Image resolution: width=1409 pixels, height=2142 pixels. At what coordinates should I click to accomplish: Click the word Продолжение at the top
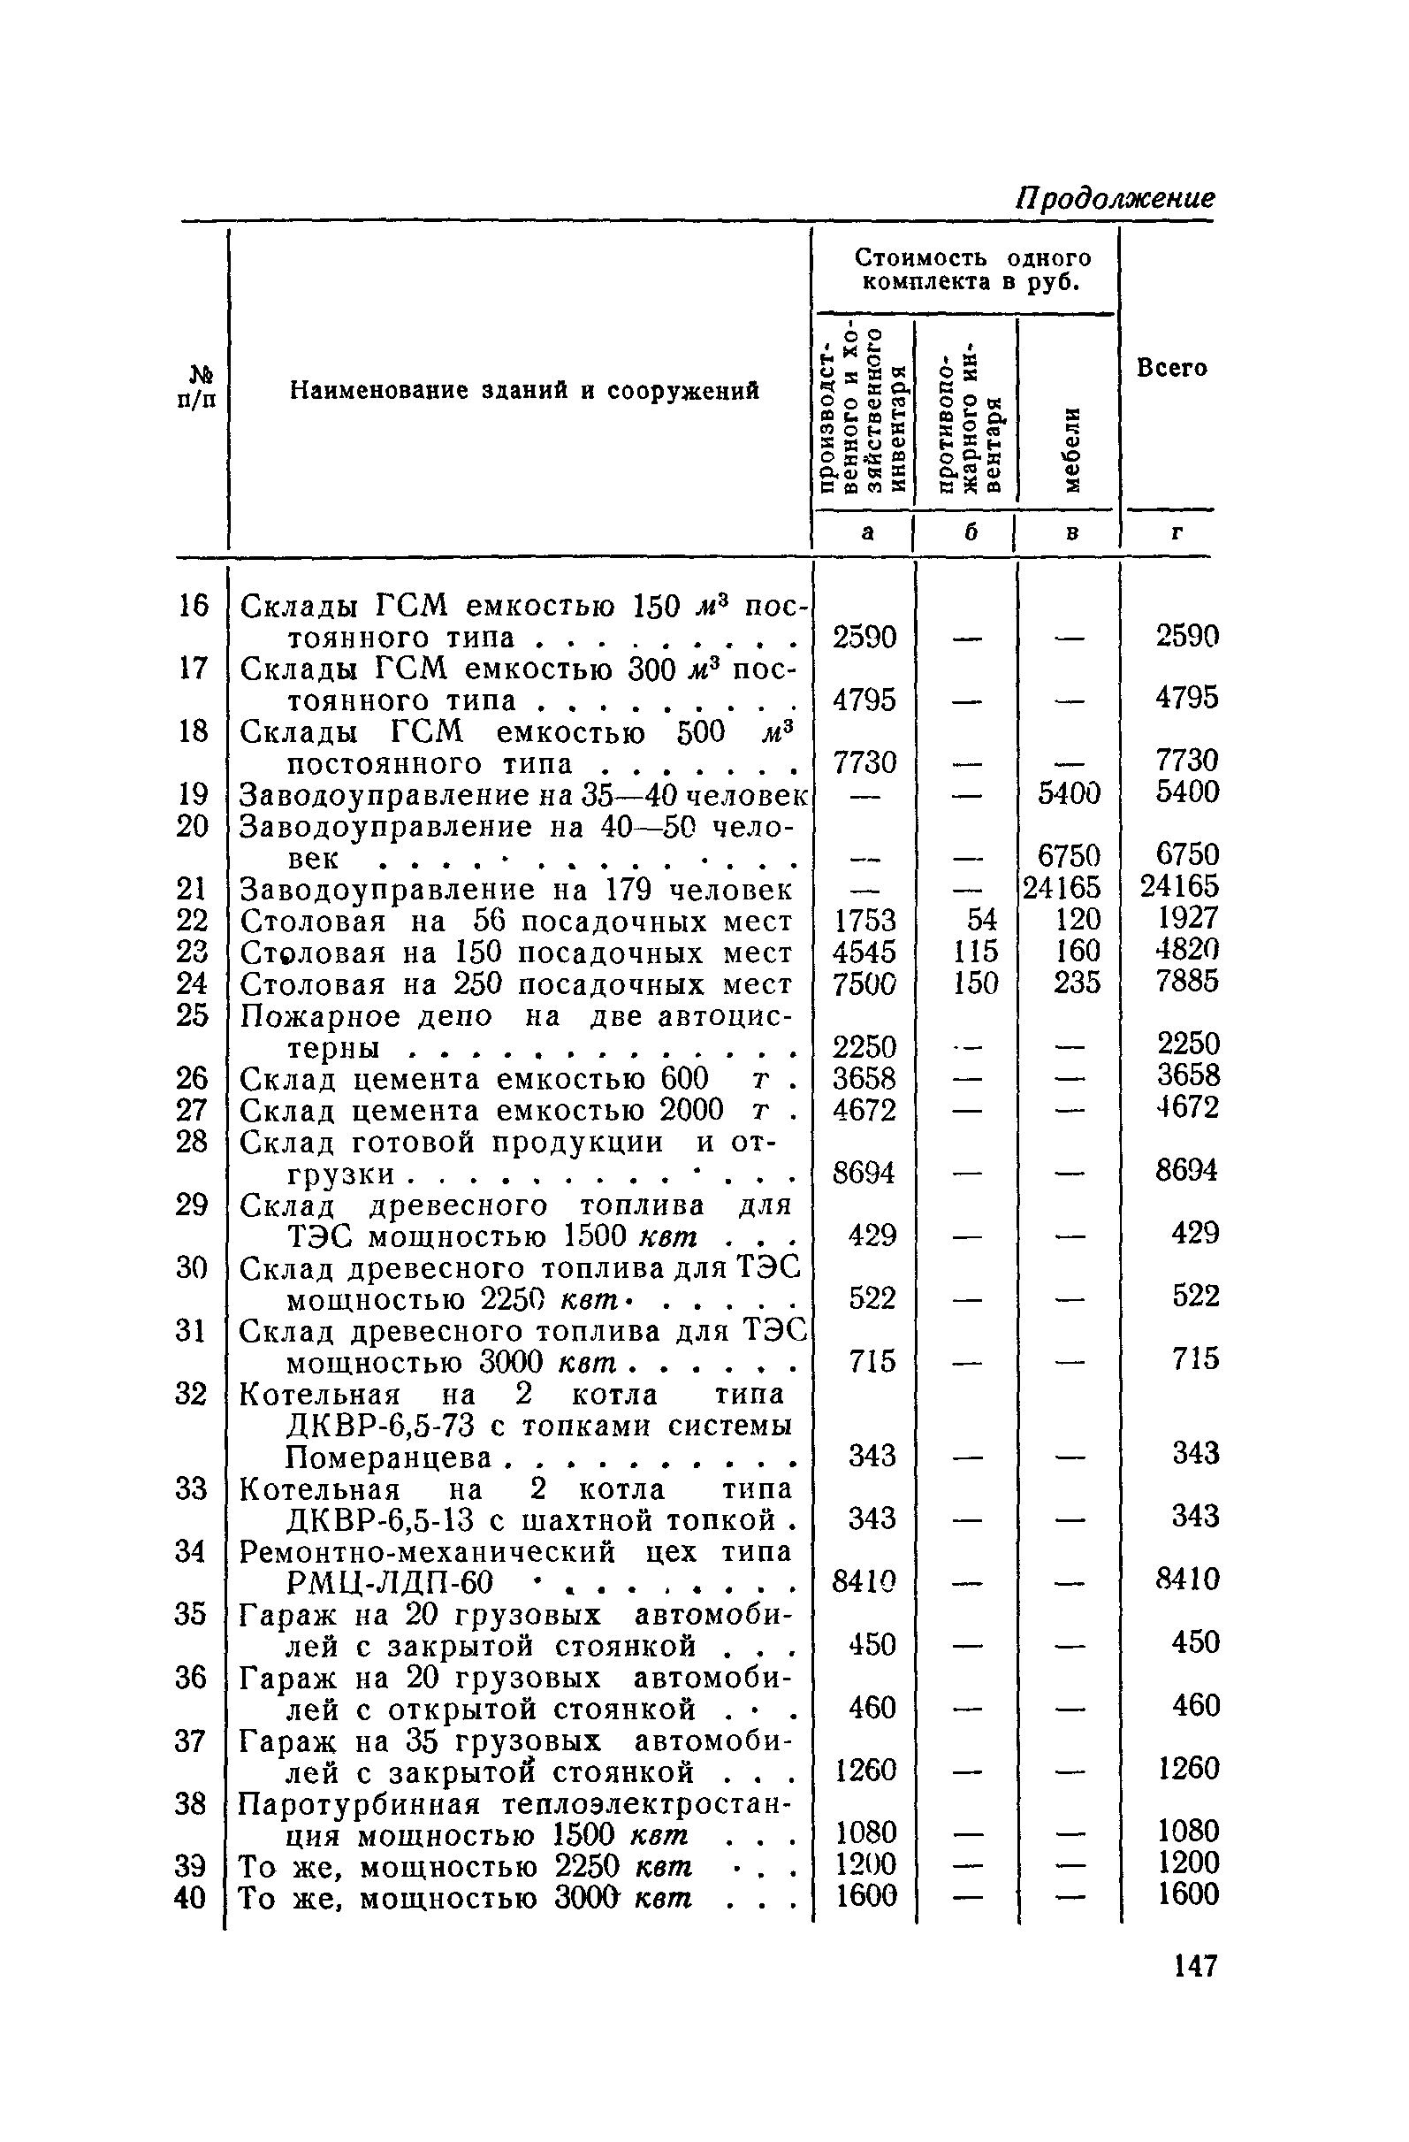(x=1115, y=197)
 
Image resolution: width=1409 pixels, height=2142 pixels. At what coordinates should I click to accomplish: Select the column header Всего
(x=1170, y=368)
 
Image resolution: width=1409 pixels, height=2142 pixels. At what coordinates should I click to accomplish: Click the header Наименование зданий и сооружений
(x=524, y=391)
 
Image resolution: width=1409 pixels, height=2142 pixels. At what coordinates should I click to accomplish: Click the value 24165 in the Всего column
(x=1179, y=887)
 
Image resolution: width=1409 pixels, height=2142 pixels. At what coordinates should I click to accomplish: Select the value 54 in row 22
(x=982, y=919)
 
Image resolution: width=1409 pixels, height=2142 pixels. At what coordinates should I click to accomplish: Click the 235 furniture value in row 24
(x=1077, y=983)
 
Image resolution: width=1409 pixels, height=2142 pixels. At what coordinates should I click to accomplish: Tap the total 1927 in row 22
(x=1187, y=919)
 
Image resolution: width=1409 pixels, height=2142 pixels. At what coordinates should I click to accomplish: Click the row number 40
(x=190, y=1897)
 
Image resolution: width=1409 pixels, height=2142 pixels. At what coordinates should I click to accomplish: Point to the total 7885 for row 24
(x=1187, y=982)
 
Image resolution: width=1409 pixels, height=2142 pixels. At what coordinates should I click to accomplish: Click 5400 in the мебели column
(x=1068, y=794)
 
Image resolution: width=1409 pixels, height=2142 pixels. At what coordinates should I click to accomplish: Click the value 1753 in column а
(x=864, y=920)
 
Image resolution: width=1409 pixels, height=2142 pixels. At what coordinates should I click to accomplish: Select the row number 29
(x=192, y=1205)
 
